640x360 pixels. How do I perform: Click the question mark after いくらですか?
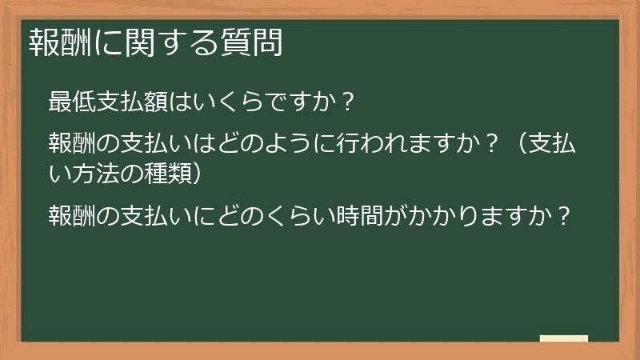click(346, 102)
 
